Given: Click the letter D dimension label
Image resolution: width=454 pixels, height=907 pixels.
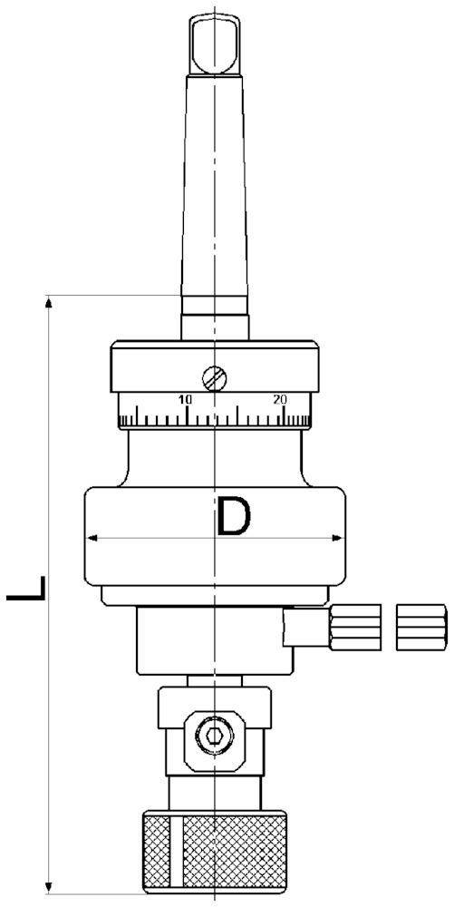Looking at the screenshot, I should pos(233,517).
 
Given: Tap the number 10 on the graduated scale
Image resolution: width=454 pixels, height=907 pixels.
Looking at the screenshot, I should pos(186,399).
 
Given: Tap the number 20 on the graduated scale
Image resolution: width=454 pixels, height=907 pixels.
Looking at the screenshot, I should pos(280,399).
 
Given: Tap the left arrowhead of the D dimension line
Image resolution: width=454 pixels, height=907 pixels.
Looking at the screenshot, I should pos(92,539).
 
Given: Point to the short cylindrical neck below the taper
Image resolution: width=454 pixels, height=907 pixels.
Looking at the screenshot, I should pos(215,321).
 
